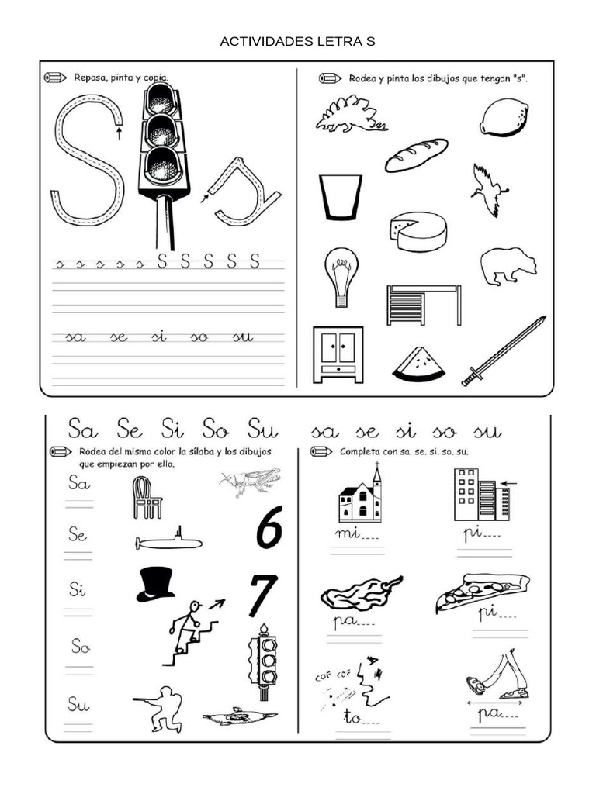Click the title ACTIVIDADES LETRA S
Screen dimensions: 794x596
[x=297, y=42]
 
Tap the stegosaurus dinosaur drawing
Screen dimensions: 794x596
[x=351, y=115]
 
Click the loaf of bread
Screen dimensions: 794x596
[x=416, y=155]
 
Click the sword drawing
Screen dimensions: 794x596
[x=504, y=350]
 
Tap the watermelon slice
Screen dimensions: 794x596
[x=419, y=364]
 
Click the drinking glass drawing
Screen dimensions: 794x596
[x=340, y=197]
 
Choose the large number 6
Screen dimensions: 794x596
[x=268, y=532]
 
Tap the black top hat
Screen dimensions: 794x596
[x=155, y=584]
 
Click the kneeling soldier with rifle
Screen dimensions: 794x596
[x=161, y=708]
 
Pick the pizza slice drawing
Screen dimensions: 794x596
[x=481, y=591]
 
